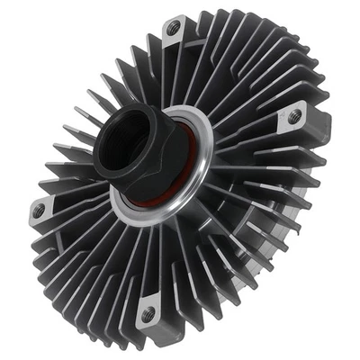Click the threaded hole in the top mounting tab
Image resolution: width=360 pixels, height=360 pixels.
click(172, 30)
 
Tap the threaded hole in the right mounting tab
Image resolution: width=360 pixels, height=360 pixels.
click(293, 115)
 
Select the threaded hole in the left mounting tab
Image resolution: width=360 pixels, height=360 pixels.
click(39, 211)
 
